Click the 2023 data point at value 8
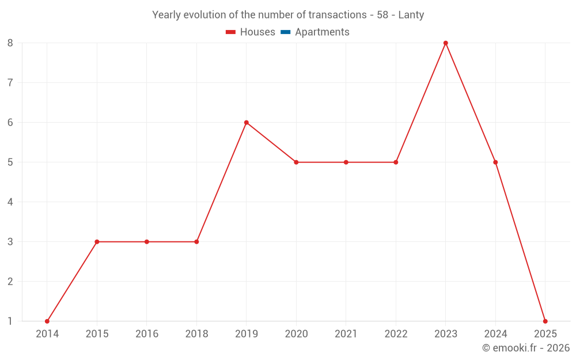point(446,43)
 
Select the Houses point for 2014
point(47,321)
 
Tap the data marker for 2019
point(247,123)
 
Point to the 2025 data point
point(545,321)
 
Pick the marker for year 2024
point(495,162)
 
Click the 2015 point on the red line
point(97,242)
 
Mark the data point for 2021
point(346,162)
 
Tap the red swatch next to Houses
point(231,32)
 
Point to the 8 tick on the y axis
point(10,43)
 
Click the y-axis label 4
point(10,202)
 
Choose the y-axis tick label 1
point(10,321)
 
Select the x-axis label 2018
point(196,334)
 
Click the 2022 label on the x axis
point(396,334)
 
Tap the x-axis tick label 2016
point(147,334)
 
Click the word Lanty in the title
point(411,15)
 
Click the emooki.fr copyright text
point(526,348)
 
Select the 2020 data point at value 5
point(296,162)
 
